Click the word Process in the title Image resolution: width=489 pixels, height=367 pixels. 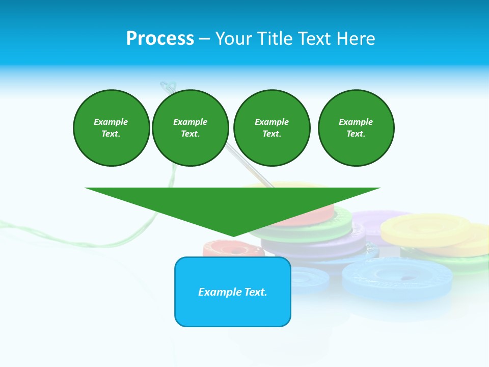click(x=160, y=39)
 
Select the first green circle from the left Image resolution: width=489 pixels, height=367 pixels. click(x=111, y=128)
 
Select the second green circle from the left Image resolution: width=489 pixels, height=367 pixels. click(x=190, y=128)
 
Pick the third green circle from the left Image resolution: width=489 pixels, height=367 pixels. click(x=271, y=128)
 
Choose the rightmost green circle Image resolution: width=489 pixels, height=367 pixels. click(x=356, y=128)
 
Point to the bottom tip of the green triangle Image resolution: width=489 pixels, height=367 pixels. click(x=233, y=235)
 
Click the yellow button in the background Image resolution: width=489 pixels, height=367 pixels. click(x=425, y=226)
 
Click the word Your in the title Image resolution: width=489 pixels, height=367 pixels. click(x=232, y=39)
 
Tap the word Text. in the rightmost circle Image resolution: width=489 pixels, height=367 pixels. click(x=356, y=134)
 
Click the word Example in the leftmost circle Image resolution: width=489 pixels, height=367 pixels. click(x=111, y=122)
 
